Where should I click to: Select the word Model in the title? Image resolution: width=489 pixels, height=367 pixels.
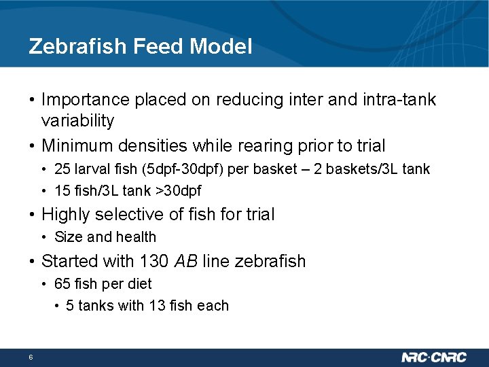coord(221,46)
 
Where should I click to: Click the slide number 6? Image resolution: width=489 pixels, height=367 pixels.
coord(31,357)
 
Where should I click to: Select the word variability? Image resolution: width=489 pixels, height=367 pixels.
coord(77,121)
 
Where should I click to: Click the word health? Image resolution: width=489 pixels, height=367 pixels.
coord(137,237)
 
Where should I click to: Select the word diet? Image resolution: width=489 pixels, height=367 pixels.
coord(140,283)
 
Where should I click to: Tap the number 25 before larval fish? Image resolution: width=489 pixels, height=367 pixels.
coord(62,169)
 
